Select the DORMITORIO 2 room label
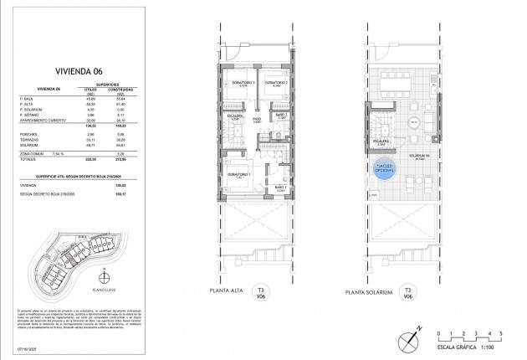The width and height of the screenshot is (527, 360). (x=277, y=84)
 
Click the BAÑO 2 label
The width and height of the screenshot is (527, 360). (x=282, y=116)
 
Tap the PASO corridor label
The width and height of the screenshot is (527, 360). (x=259, y=120)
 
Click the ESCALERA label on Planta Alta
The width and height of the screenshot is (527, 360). (x=235, y=117)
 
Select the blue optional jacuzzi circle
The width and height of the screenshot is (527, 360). (x=386, y=168)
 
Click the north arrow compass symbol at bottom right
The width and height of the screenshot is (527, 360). (x=408, y=339)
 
